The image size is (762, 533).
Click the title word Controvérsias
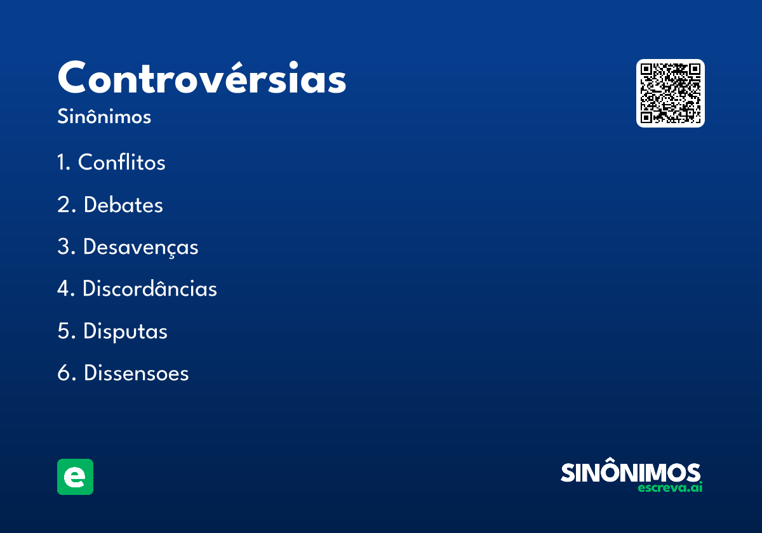tap(202, 78)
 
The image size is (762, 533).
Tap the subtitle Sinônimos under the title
tap(104, 117)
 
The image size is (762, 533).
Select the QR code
tap(670, 93)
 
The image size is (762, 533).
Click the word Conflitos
tap(121, 162)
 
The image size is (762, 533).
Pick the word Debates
tap(123, 205)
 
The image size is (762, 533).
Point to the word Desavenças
tap(140, 247)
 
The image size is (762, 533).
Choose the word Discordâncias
tap(150, 289)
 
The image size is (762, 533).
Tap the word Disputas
tap(125, 331)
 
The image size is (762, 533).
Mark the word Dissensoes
tap(136, 373)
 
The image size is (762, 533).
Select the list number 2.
tap(63, 205)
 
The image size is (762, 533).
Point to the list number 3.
tap(63, 247)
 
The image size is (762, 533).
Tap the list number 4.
tap(63, 289)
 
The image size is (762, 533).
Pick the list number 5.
tap(63, 331)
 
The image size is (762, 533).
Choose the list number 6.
tap(63, 373)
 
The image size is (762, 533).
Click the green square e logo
tap(75, 477)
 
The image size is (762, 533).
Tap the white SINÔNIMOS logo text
tap(631, 473)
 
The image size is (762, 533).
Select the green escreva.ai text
tap(670, 488)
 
